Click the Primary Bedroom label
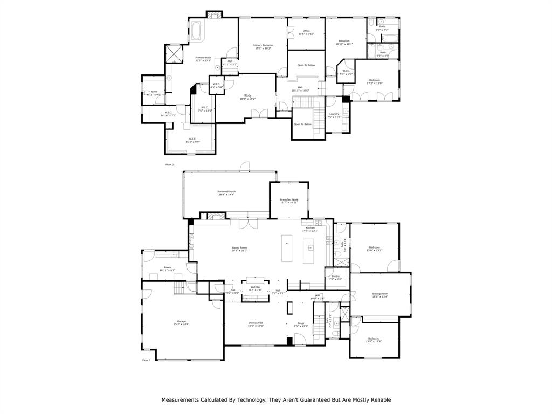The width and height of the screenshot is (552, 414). tap(264, 45)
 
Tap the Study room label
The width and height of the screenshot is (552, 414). tap(247, 96)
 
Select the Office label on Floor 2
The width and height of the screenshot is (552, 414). tap(306, 31)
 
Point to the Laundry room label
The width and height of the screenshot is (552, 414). tap(334, 114)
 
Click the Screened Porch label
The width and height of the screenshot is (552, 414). tap(226, 191)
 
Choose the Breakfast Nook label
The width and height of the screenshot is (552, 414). tap(289, 199)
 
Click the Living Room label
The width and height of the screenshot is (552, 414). tap(239, 247)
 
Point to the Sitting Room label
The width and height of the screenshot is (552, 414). tap(380, 294)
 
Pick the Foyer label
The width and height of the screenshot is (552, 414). tap(301, 323)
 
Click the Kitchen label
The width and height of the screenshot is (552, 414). tap(310, 228)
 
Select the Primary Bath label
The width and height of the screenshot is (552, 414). tap(203, 57)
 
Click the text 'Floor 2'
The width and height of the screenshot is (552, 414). tap(170, 164)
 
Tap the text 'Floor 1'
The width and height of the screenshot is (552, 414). tap(147, 360)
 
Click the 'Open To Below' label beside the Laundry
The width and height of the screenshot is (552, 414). tap(302, 124)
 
